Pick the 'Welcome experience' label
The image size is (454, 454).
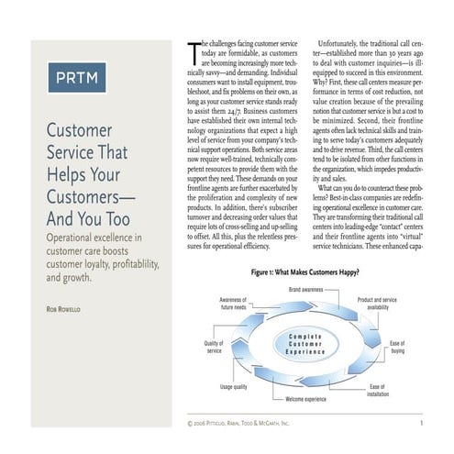(x=307, y=401)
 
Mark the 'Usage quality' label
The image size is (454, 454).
(x=235, y=387)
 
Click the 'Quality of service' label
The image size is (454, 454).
(x=215, y=347)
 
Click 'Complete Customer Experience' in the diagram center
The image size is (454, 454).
(x=307, y=345)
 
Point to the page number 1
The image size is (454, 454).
(x=420, y=424)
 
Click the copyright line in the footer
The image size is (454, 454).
(x=238, y=424)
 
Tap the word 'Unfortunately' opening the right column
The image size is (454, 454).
(x=345, y=43)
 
